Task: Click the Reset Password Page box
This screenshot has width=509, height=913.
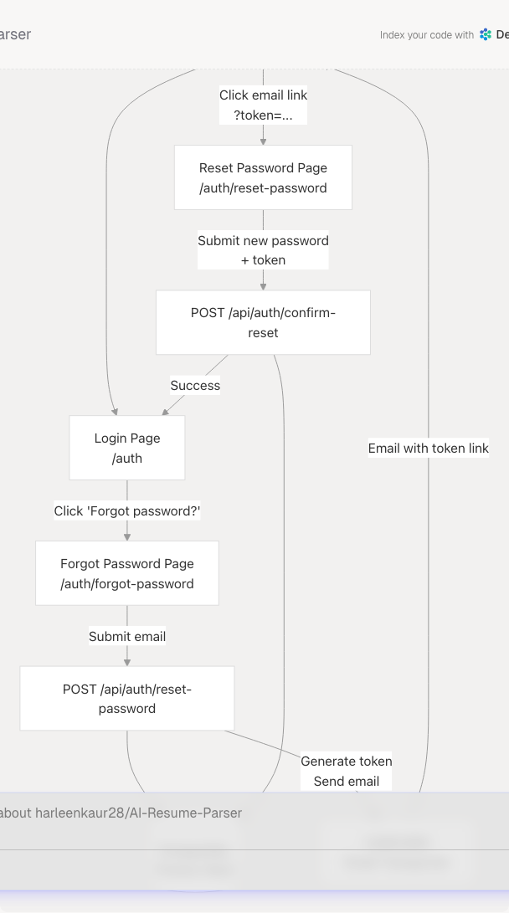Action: pyautogui.click(x=263, y=177)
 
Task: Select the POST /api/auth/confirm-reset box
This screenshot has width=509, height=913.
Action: pyautogui.click(x=263, y=322)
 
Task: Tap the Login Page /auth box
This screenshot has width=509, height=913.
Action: pyautogui.click(x=127, y=448)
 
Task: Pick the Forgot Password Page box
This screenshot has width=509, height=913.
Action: pyautogui.click(x=127, y=572)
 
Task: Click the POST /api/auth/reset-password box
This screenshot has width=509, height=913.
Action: pyautogui.click(x=127, y=698)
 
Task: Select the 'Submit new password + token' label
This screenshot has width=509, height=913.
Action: pyautogui.click(x=263, y=250)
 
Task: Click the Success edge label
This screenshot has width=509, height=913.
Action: pyautogui.click(x=195, y=386)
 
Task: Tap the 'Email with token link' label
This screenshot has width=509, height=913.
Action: pyautogui.click(x=428, y=449)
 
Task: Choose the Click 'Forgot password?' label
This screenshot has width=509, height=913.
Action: pyautogui.click(x=127, y=510)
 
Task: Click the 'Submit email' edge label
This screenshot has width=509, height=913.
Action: pyautogui.click(x=127, y=637)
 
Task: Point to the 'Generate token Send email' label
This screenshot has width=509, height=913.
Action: pyautogui.click(x=347, y=771)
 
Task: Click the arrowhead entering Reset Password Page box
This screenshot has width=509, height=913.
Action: pyautogui.click(x=263, y=141)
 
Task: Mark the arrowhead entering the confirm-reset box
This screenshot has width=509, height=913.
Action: pyautogui.click(x=263, y=286)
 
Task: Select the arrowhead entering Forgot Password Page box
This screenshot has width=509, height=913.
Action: pyautogui.click(x=127, y=536)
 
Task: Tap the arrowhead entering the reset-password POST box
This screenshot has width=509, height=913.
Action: pyautogui.click(x=127, y=662)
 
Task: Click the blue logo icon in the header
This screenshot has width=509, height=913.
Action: pyautogui.click(x=486, y=35)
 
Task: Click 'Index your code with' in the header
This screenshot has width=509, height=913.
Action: pyautogui.click(x=426, y=35)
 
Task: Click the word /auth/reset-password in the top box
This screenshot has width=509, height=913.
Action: pyautogui.click(x=263, y=187)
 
